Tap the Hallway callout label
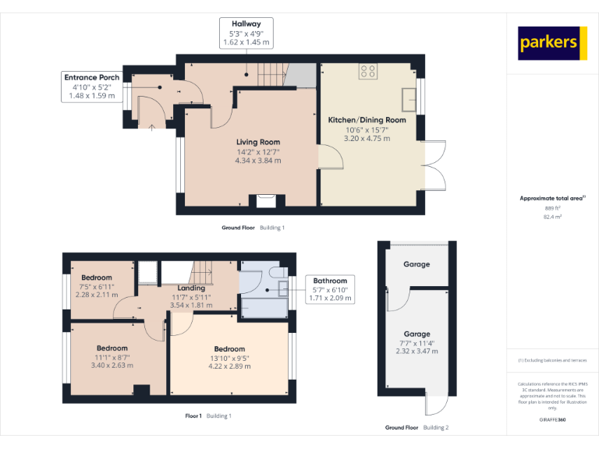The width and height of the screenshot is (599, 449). (x=246, y=33)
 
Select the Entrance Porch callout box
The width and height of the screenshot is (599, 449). (x=92, y=87)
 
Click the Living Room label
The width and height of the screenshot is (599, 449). (x=258, y=142)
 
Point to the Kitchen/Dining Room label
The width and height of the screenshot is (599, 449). (x=367, y=120)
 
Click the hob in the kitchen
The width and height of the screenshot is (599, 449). (x=368, y=71)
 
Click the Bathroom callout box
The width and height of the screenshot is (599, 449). (x=331, y=288)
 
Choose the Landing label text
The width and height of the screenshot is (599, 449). (x=191, y=288)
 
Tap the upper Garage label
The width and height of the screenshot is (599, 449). (x=416, y=264)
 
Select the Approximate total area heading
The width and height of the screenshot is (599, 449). (x=552, y=199)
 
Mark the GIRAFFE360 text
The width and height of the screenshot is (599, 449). (x=552, y=419)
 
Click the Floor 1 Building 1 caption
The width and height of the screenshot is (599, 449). (x=208, y=416)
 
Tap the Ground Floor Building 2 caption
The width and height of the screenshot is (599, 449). (x=416, y=428)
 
